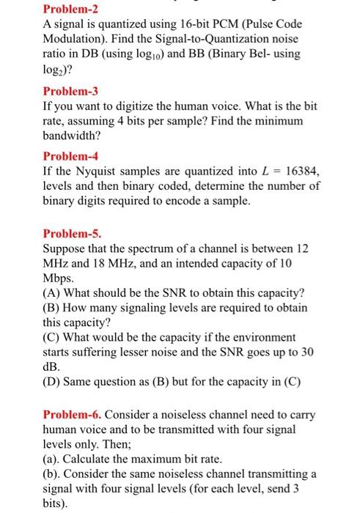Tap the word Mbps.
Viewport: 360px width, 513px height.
[x=59, y=279]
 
